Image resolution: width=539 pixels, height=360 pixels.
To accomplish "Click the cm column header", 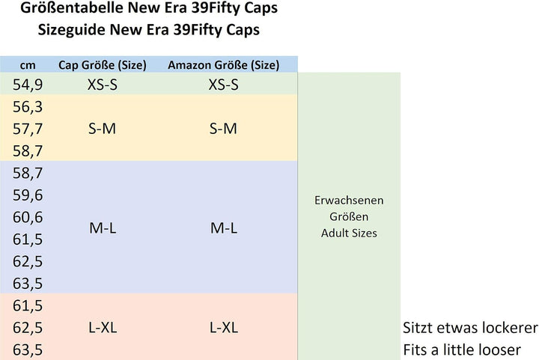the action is click(x=28, y=65).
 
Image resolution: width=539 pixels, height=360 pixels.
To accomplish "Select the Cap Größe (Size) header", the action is click(x=103, y=65).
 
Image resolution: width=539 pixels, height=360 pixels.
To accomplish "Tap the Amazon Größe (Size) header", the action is click(x=223, y=65).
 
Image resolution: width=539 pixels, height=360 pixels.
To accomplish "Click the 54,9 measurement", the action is click(x=28, y=85).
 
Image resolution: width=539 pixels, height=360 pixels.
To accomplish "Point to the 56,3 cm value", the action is click(x=28, y=107).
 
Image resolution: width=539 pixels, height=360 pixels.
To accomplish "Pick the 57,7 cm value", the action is click(x=28, y=129).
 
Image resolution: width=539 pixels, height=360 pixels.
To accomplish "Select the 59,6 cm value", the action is click(x=28, y=195).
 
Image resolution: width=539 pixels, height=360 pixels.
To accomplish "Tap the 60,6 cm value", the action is click(x=28, y=217).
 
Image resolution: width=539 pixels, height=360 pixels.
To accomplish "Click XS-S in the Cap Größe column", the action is click(x=103, y=85).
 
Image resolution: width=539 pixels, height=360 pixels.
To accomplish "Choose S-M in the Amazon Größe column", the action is click(x=223, y=129).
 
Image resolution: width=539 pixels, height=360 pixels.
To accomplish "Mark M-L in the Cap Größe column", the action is click(x=103, y=228).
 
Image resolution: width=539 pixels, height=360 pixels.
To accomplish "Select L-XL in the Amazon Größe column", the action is click(x=223, y=327).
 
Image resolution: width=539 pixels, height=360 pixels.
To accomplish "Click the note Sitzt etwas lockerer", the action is click(x=470, y=328).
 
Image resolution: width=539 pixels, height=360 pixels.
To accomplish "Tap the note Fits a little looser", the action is click(x=462, y=350).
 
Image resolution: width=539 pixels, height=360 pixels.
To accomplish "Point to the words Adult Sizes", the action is click(x=349, y=234).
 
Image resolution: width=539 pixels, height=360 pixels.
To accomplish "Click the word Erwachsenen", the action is click(x=349, y=201).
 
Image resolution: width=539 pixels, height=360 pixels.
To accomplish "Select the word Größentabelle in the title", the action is click(x=72, y=7).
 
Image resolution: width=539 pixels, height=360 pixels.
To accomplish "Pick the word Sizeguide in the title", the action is click(x=71, y=30).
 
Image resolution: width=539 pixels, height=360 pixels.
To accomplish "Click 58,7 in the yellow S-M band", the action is click(x=28, y=150).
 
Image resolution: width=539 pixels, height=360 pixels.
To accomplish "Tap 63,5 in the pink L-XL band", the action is click(x=28, y=350).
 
